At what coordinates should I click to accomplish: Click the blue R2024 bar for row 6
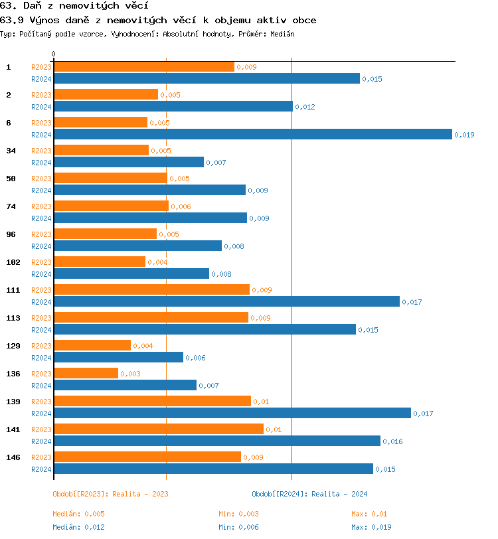pyautogui.click(x=252, y=134)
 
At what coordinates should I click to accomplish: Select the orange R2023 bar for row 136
pyautogui.click(x=86, y=373)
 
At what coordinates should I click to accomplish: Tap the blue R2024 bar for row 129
pyautogui.click(x=118, y=357)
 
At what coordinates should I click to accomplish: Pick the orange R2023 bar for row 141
pyautogui.click(x=158, y=429)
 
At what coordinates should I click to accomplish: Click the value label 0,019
pyautogui.click(x=464, y=135)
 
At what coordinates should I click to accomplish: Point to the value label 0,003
pyautogui.click(x=130, y=374)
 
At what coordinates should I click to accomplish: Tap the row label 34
pyautogui.click(x=11, y=151)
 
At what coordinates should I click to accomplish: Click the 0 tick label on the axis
pyautogui.click(x=54, y=54)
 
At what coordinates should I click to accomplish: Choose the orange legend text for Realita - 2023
pyautogui.click(x=110, y=494)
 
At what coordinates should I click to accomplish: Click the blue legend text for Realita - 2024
pyautogui.click(x=309, y=494)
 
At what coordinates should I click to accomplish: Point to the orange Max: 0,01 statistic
pyautogui.click(x=369, y=514)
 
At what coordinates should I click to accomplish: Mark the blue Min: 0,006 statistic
pyautogui.click(x=238, y=527)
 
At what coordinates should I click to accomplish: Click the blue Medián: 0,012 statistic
pyautogui.click(x=78, y=527)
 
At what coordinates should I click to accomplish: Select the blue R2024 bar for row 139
pyautogui.click(x=232, y=413)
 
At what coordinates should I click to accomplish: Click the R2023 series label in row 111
pyautogui.click(x=41, y=290)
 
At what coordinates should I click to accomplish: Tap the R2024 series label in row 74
pyautogui.click(x=41, y=218)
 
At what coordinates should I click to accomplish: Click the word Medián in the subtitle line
pyautogui.click(x=282, y=33)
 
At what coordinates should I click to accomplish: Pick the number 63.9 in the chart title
pyautogui.click(x=11, y=20)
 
